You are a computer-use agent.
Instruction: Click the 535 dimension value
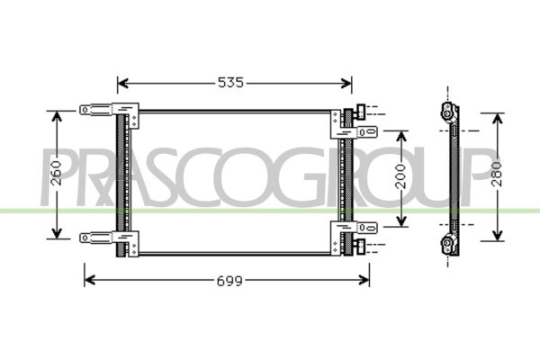click(x=230, y=83)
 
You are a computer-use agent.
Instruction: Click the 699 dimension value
click(x=229, y=281)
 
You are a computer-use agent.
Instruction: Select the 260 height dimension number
click(x=57, y=174)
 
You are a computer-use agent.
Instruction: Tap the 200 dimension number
click(x=400, y=176)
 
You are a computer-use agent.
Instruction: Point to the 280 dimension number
click(x=497, y=174)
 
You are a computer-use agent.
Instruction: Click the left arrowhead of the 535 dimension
click(x=123, y=83)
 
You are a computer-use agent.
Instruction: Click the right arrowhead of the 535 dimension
click(x=346, y=83)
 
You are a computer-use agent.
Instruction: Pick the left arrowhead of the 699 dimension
click(x=90, y=280)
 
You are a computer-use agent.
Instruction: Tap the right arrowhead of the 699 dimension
click(x=364, y=280)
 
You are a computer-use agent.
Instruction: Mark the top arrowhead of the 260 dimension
click(x=57, y=117)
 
